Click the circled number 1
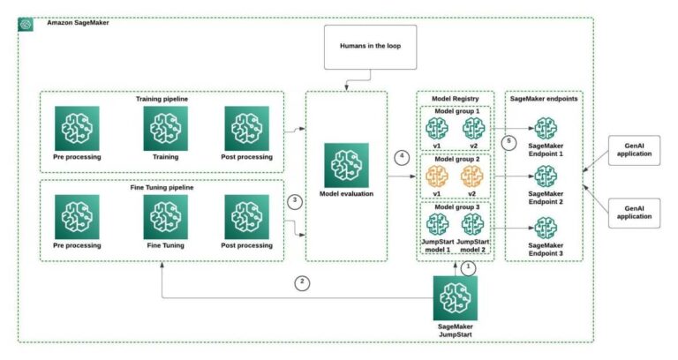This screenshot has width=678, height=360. click(468, 266)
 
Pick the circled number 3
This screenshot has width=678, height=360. click(296, 201)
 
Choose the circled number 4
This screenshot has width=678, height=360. click(402, 156)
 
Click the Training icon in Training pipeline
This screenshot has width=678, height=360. click(166, 128)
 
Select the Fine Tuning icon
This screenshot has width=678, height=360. click(166, 217)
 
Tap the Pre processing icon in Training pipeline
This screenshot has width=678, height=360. click(77, 128)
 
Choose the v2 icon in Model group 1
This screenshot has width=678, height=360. click(474, 129)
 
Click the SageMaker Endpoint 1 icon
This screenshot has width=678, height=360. click(546, 129)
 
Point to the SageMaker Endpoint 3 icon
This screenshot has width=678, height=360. click(546, 228)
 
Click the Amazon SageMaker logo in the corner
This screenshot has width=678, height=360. click(26, 24)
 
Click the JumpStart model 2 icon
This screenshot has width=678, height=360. click(474, 226)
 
